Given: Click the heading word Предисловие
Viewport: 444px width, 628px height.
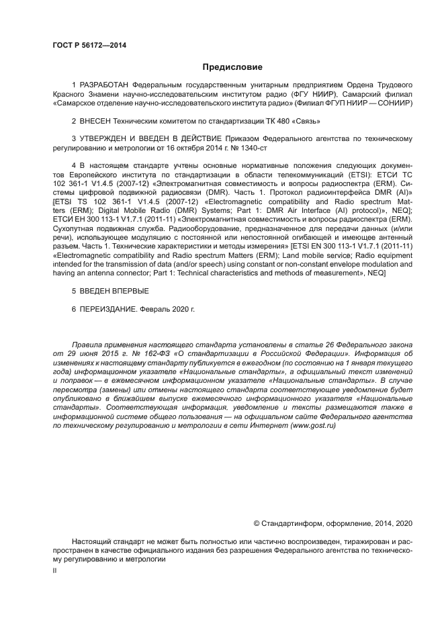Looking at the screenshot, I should click(232, 67).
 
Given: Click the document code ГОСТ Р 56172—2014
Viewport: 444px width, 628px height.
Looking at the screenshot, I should click(89, 45).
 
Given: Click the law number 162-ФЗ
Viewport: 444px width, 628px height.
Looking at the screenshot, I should click(151, 352).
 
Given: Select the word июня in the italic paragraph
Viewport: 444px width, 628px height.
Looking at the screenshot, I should click(87, 352).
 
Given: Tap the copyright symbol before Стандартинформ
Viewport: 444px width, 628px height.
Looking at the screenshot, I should click(257, 523).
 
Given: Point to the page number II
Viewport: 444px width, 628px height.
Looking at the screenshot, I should click(56, 570).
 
